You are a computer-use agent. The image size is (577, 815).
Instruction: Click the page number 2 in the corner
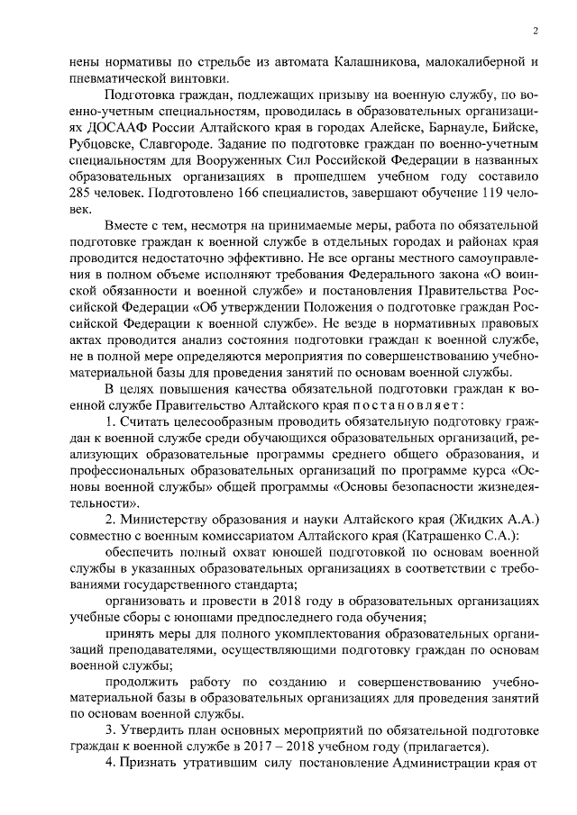coord(536,30)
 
